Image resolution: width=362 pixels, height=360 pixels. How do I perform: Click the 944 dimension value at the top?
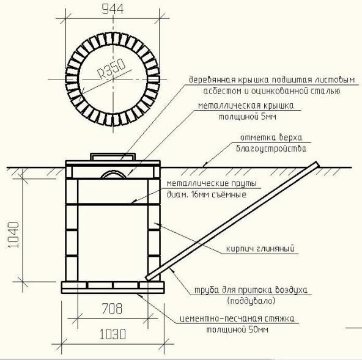coord(113,9)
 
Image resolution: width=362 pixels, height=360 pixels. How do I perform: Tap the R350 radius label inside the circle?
coord(112,69)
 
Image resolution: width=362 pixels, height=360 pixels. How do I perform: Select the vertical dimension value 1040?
coord(13,235)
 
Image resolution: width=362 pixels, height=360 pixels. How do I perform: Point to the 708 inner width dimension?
coord(112,309)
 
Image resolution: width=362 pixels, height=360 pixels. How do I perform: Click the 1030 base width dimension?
coord(113,334)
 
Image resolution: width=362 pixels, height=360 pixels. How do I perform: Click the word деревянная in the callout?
coord(212,80)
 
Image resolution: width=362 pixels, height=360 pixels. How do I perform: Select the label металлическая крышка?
coord(246,106)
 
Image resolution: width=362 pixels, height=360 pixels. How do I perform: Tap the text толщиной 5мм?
coord(248,117)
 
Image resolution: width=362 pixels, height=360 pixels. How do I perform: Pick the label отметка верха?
coord(271,138)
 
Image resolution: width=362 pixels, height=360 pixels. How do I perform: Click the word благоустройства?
coord(271,149)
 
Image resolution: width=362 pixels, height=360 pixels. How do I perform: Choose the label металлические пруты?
coord(212,184)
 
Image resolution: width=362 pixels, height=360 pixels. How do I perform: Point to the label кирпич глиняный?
coord(260,249)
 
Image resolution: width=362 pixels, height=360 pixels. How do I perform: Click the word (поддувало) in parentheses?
coord(251,301)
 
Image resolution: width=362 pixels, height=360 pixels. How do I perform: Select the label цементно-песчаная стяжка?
coord(237,318)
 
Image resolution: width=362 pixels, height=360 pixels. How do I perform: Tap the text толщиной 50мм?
coord(237,329)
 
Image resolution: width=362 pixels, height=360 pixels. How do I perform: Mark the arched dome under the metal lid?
coord(113,174)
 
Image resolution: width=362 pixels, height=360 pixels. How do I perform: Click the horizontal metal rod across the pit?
coord(113,204)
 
